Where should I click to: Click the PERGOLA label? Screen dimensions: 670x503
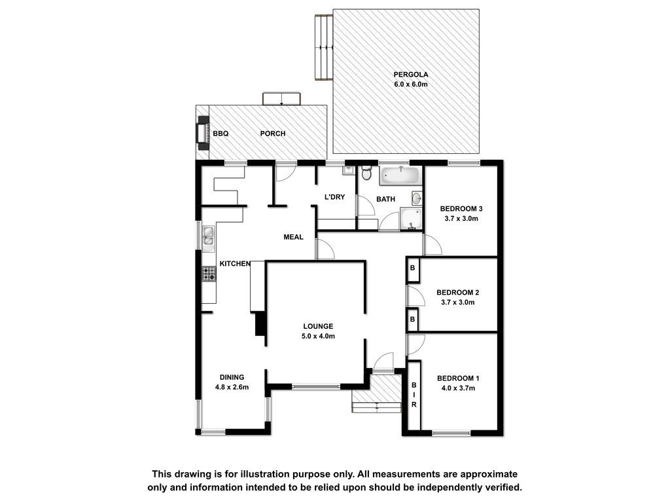click(411, 75)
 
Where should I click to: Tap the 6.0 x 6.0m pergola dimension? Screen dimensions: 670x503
click(411, 84)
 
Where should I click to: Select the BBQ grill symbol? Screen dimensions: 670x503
click(202, 133)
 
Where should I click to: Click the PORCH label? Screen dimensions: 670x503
click(273, 134)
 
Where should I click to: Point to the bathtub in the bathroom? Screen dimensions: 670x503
click(400, 176)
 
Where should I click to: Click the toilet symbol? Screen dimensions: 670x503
click(366, 173)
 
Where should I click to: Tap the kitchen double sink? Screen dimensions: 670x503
click(209, 237)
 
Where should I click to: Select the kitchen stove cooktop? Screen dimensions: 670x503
click(209, 274)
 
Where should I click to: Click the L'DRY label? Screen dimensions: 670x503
click(334, 197)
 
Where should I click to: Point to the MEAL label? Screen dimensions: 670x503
click(294, 237)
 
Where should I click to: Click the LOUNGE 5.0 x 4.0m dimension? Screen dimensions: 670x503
click(319, 336)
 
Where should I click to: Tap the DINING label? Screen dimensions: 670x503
click(232, 377)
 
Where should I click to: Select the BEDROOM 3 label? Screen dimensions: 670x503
click(461, 209)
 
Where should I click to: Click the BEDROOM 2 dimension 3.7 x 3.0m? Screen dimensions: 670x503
click(457, 302)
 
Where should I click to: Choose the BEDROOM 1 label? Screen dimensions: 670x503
click(458, 378)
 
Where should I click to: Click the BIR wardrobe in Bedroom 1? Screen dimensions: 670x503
click(414, 395)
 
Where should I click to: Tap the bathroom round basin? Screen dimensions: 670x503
click(417, 198)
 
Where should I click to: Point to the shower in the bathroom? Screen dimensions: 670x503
click(411, 219)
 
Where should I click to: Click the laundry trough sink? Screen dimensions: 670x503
click(348, 171)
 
